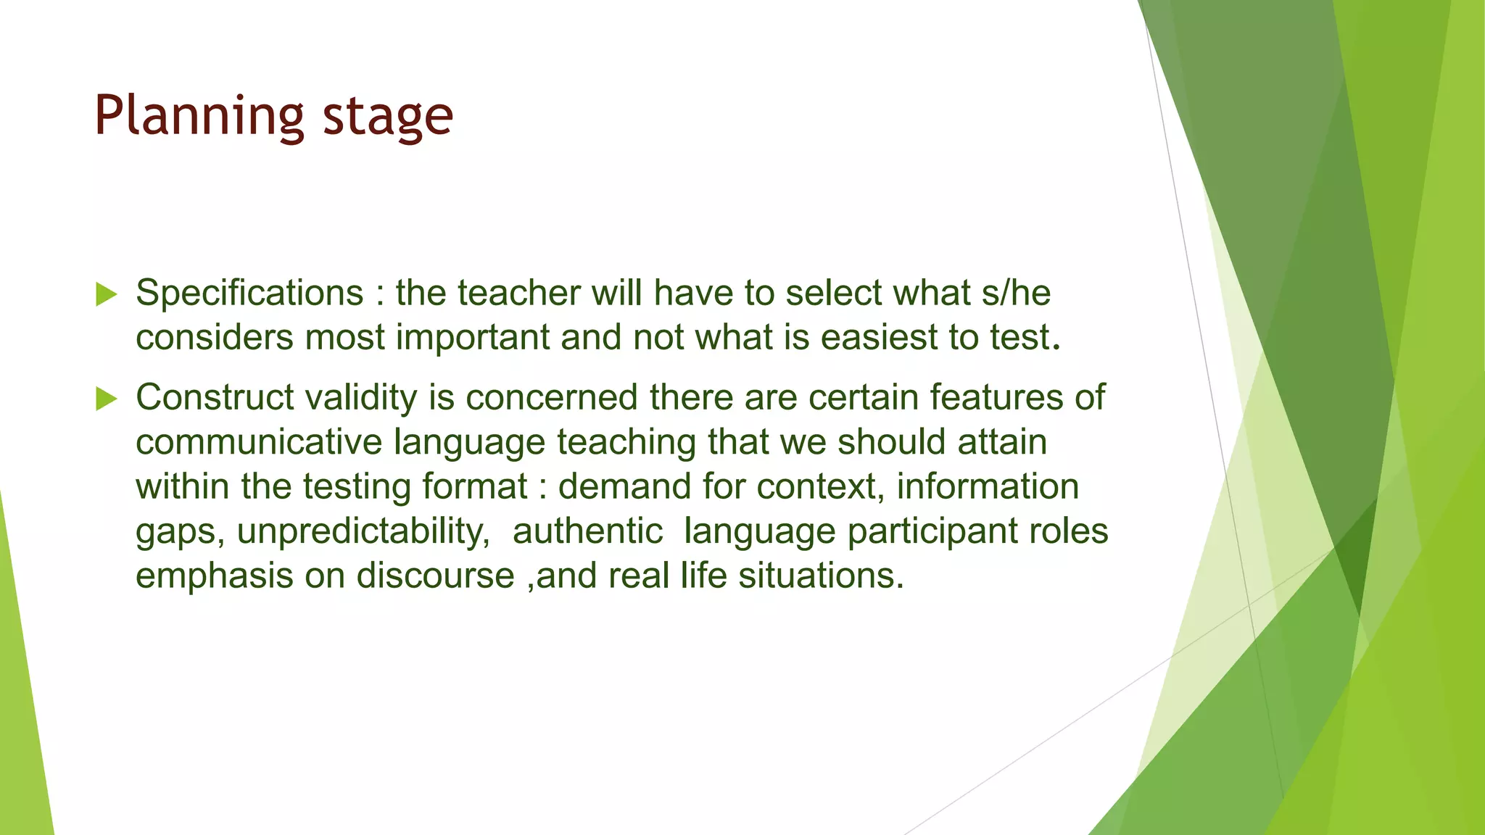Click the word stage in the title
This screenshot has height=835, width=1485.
pyautogui.click(x=387, y=116)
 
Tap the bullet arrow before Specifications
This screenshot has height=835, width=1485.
pyautogui.click(x=106, y=294)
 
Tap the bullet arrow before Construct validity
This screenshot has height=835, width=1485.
pyautogui.click(x=106, y=399)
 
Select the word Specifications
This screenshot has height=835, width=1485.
pyautogui.click(x=249, y=294)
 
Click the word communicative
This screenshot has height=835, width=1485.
pyautogui.click(x=259, y=442)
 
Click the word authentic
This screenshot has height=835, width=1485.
pyautogui.click(x=587, y=531)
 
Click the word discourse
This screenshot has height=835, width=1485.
pyautogui.click(x=435, y=576)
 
